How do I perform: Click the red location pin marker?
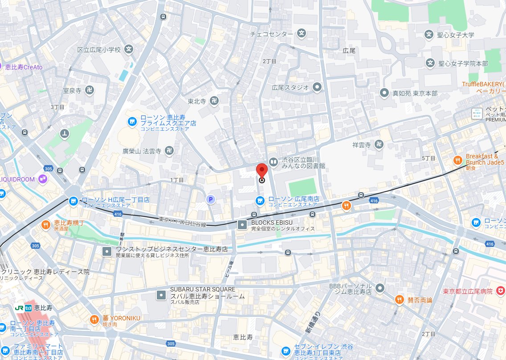[261, 171]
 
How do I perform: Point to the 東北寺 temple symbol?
[215, 101]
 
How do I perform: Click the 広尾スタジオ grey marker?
[317, 87]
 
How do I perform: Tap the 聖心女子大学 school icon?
[429, 35]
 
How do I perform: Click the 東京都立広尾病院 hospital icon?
[501, 291]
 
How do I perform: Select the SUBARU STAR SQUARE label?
[203, 289]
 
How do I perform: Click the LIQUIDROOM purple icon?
[43, 179]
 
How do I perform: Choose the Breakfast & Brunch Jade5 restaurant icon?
[457, 160]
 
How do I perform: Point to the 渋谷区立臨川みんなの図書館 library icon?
[273, 162]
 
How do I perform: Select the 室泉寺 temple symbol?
[89, 90]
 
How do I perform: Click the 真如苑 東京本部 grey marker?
[384, 93]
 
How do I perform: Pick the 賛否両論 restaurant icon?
[400, 300]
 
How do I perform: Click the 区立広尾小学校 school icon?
[129, 50]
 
